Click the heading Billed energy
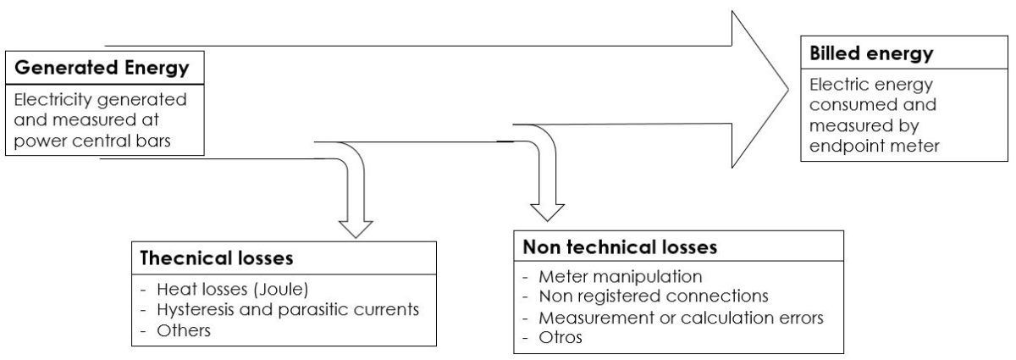click(x=871, y=54)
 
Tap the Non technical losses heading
click(x=620, y=247)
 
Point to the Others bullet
click(x=184, y=330)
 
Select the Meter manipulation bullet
click(x=622, y=276)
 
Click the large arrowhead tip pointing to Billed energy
click(x=782, y=84)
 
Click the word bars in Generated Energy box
click(x=150, y=141)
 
